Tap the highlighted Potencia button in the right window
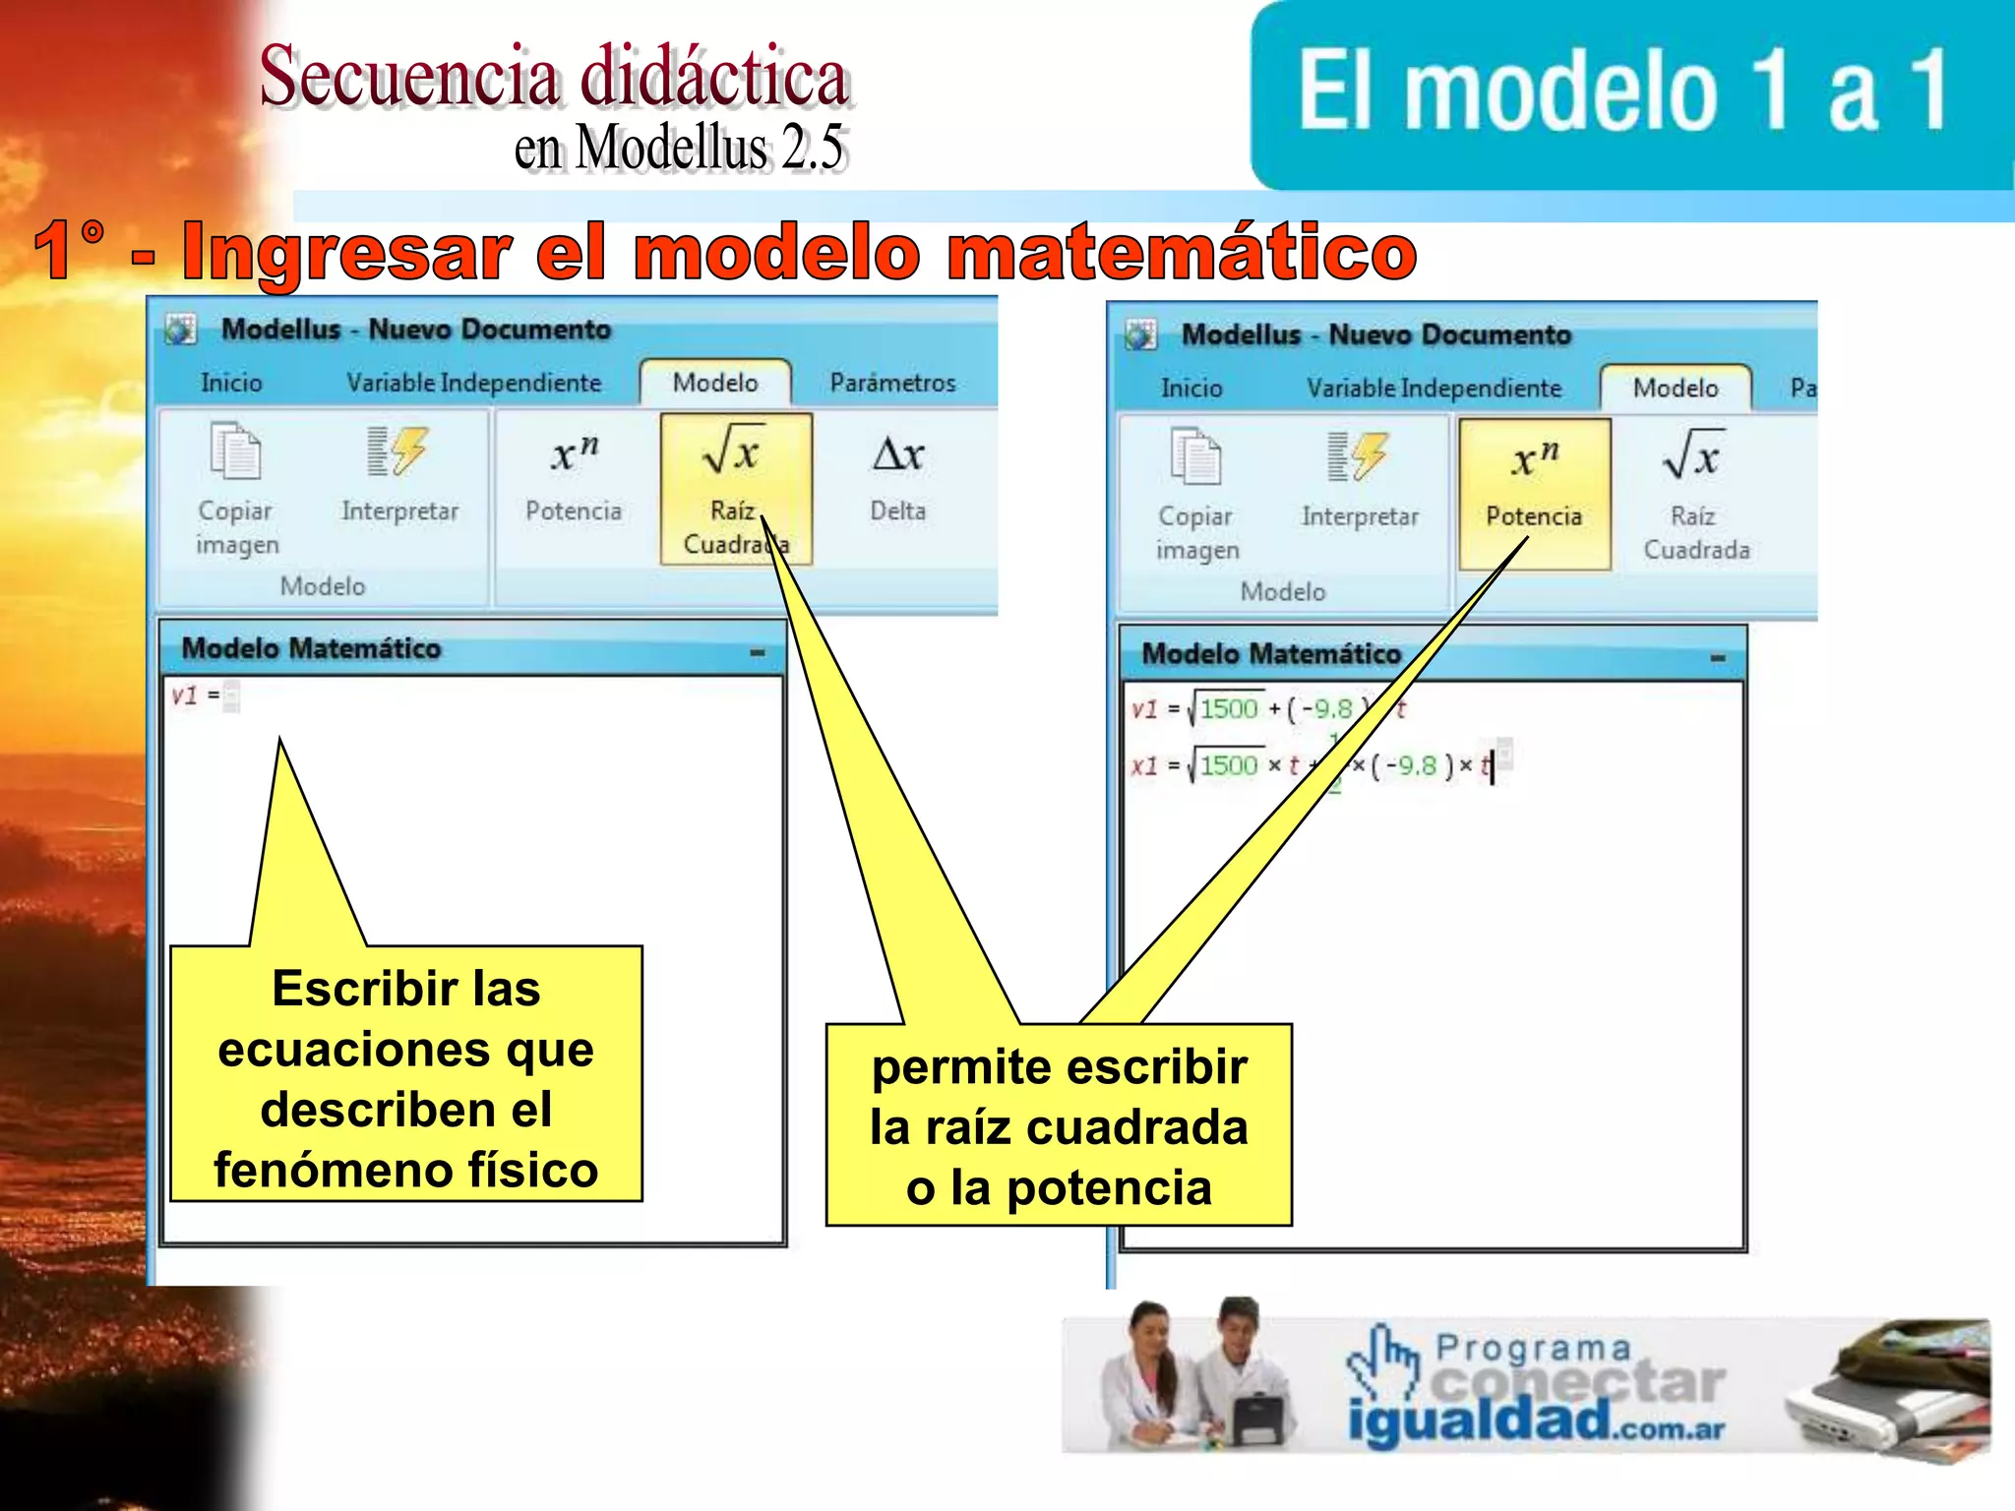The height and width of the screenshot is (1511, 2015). [x=1534, y=493]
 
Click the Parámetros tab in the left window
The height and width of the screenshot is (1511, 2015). [x=892, y=383]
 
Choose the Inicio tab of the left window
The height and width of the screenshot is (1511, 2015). [x=231, y=383]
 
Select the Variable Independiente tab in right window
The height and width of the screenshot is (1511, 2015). [x=1434, y=389]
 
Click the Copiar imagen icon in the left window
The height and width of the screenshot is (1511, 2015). [x=236, y=452]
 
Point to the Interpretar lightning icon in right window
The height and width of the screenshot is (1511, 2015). [x=1360, y=456]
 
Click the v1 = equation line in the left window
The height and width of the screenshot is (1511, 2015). [x=196, y=696]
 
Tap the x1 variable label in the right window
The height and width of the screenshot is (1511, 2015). [x=1144, y=765]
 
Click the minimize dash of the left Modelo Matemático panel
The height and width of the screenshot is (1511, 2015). [x=757, y=652]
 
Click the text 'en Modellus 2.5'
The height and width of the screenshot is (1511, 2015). [x=679, y=148]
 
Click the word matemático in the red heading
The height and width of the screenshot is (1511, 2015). [x=1180, y=253]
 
